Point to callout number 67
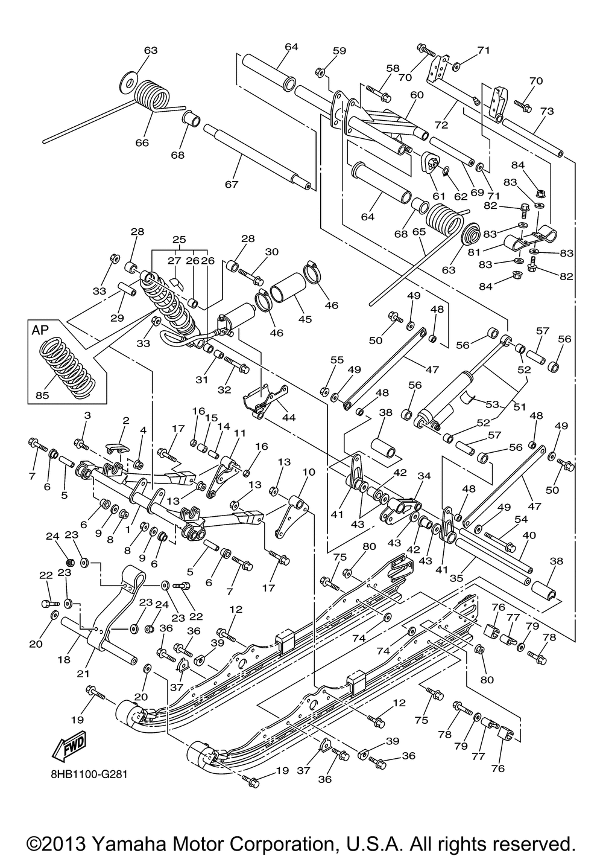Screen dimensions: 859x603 (232, 183)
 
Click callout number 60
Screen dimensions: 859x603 (417, 95)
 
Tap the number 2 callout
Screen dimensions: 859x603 (126, 420)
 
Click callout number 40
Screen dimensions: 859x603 (529, 534)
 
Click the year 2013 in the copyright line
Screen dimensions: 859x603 (67, 842)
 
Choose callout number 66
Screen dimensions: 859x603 (141, 142)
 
